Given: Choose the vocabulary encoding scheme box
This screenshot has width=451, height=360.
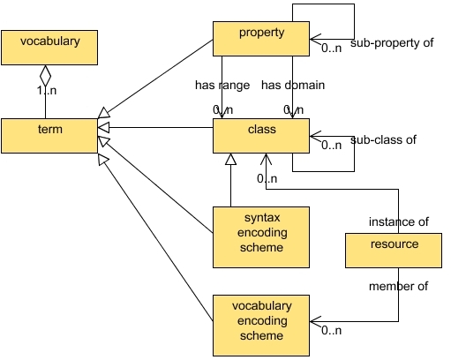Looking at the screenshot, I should pyautogui.click(x=261, y=319).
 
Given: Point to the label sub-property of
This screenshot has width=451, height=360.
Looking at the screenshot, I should pyautogui.click(x=391, y=41).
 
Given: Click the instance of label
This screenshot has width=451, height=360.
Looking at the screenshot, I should pyautogui.click(x=398, y=221).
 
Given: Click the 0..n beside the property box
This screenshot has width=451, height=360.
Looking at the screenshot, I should pyautogui.click(x=332, y=48).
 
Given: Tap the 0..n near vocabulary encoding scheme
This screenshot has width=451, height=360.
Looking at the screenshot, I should pyautogui.click(x=332, y=331).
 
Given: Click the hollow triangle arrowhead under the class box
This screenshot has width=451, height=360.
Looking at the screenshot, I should pyautogui.click(x=230, y=160).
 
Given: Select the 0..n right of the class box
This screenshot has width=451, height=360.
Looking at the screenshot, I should pyautogui.click(x=332, y=146).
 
